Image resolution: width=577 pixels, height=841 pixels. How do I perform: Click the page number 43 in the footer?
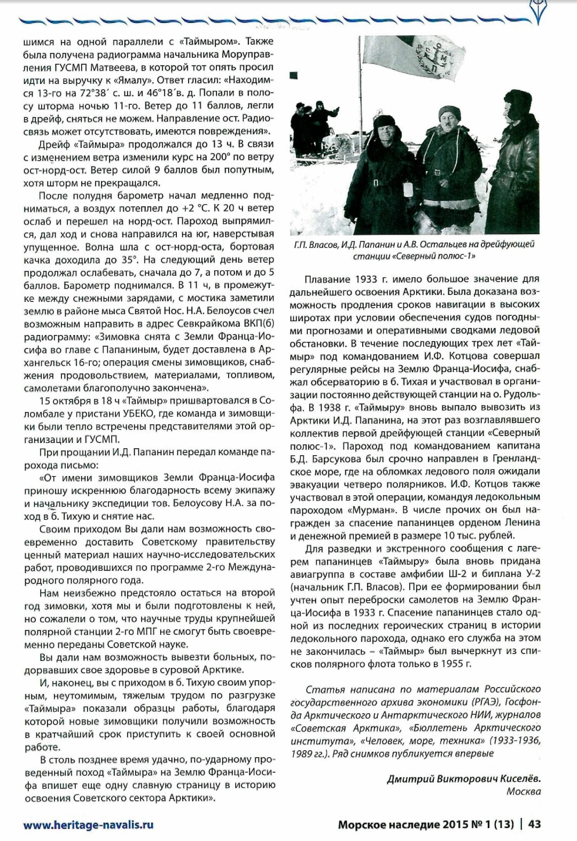point(534,824)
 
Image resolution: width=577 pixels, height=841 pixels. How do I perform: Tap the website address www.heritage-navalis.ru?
point(88,824)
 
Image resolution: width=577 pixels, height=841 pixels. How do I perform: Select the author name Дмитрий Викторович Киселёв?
point(463,778)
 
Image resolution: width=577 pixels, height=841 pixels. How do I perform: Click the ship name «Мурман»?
point(368,510)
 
